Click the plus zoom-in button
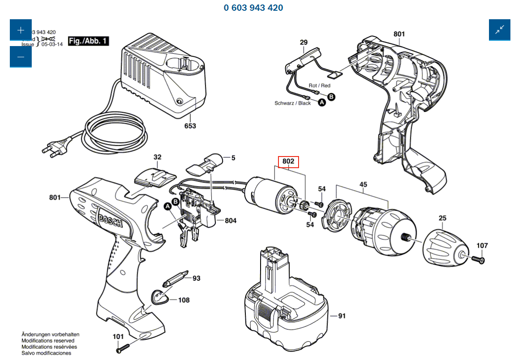[21, 30]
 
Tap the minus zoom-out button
[21, 57]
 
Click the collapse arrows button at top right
[499, 30]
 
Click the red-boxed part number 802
[288, 161]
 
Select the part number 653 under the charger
[190, 126]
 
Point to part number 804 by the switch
[230, 220]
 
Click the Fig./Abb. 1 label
[88, 41]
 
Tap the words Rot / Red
[319, 85]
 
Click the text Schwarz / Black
[292, 103]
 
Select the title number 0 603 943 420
[253, 8]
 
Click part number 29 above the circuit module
[303, 43]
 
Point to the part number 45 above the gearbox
[363, 184]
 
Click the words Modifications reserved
[48, 341]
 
